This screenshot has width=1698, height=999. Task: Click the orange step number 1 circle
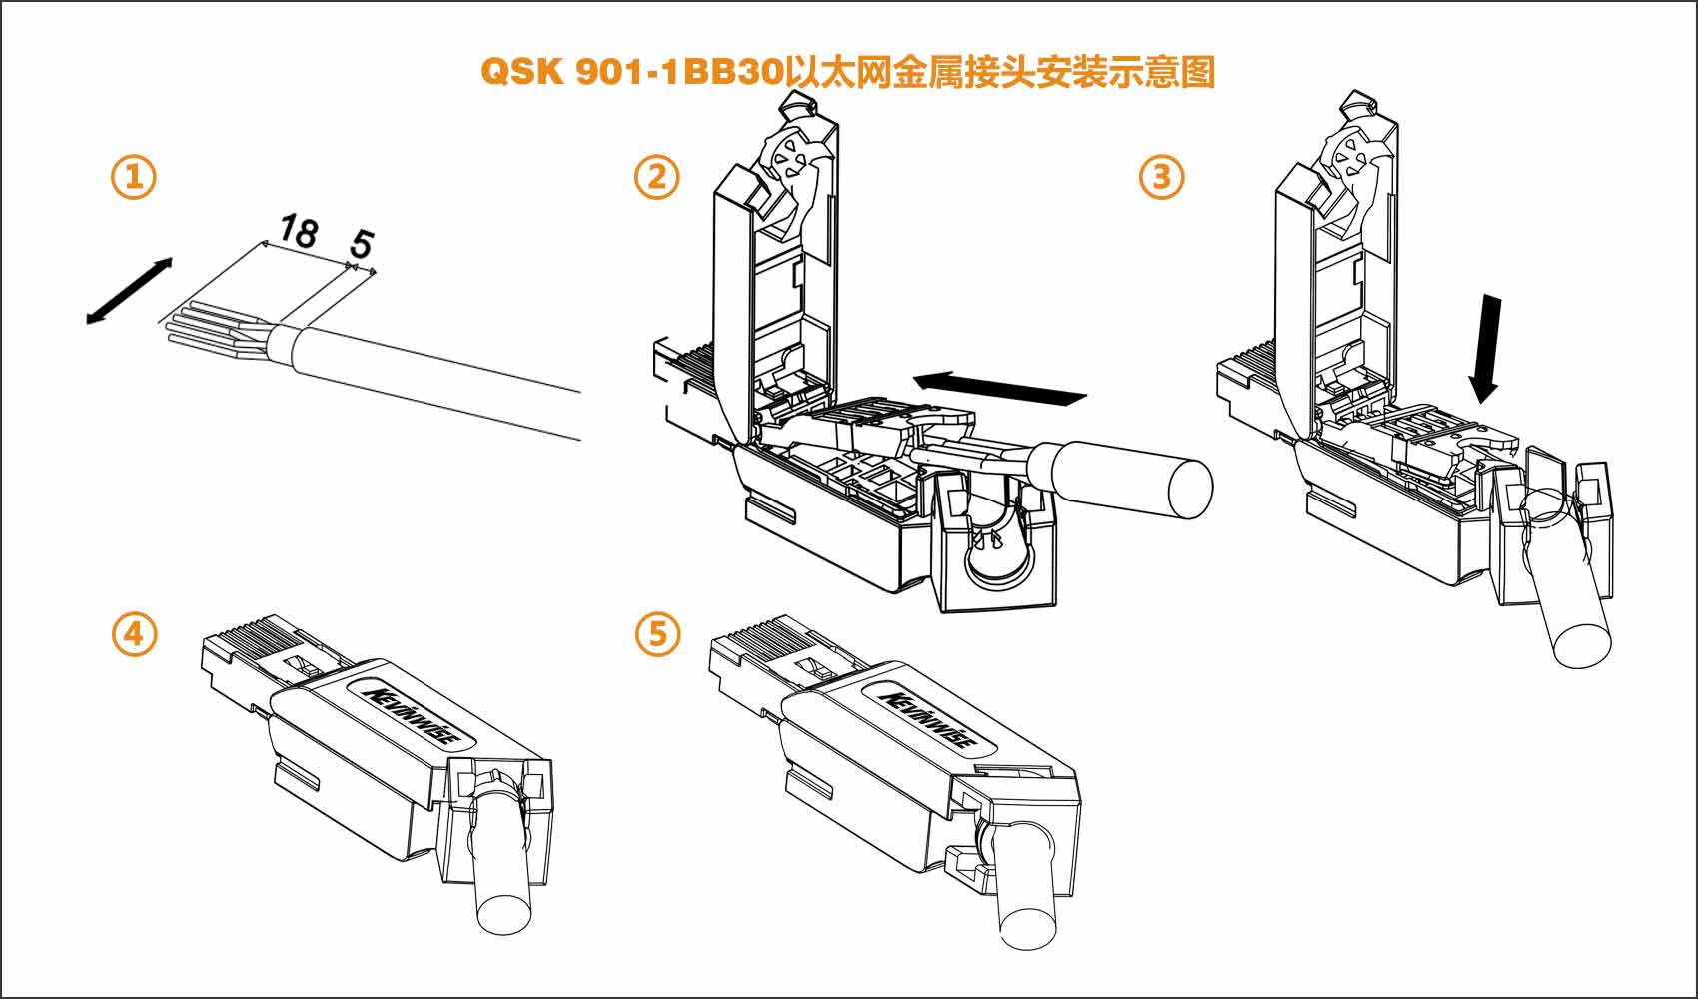134,178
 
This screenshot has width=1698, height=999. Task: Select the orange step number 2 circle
657,178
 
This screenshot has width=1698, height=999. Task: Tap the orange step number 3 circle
1162,178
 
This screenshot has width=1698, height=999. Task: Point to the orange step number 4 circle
134,634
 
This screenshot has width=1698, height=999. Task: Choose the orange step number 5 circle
657,634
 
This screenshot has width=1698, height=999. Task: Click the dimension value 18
298,232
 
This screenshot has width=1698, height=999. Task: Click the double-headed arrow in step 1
129,291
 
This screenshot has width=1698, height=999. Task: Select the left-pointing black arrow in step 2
999,388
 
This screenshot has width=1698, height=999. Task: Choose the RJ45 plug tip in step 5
739,649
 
